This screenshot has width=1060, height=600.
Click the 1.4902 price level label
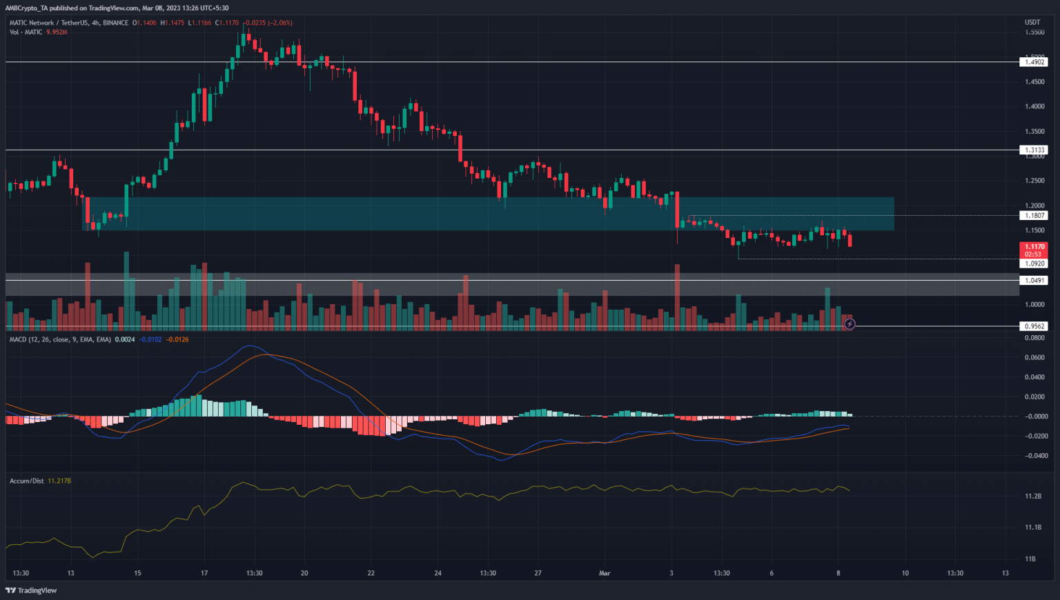click(x=1034, y=62)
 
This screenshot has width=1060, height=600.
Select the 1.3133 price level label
click(x=1034, y=150)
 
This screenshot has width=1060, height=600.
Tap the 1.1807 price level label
click(x=1034, y=215)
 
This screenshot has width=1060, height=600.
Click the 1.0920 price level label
click(x=1034, y=263)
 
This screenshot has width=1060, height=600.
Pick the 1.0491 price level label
click(x=1034, y=281)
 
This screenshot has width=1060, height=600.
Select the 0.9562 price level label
click(x=1034, y=326)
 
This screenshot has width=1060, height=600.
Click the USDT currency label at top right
click(x=1032, y=23)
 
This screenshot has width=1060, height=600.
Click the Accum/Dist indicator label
click(x=27, y=481)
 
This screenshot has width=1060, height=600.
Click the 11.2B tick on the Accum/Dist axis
click(x=1033, y=497)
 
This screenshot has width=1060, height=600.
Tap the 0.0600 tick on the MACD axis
click(x=1035, y=357)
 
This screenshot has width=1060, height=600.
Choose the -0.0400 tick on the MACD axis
click(x=1035, y=456)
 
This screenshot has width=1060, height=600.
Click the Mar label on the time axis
click(x=605, y=573)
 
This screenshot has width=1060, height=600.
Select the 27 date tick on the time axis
click(x=538, y=573)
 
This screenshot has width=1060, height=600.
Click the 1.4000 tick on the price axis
click(x=1034, y=106)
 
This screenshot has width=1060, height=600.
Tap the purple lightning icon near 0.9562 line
click(x=850, y=324)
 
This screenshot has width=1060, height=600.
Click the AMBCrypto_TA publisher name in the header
click(x=28, y=8)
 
